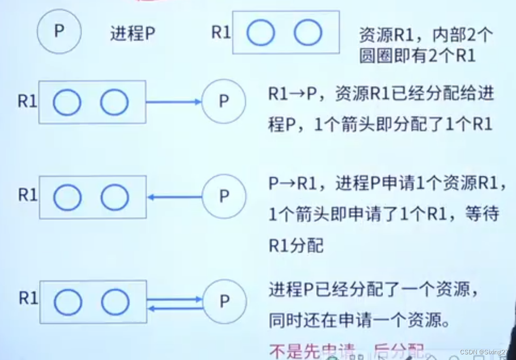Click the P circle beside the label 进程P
[x=59, y=32]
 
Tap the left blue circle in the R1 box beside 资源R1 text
[x=260, y=33]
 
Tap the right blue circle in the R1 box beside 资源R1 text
[x=308, y=33]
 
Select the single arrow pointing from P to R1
[x=174, y=197]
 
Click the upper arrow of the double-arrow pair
[x=174, y=299]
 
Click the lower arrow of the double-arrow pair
[x=174, y=308]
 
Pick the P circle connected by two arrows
[x=224, y=301]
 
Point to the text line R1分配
[x=296, y=245]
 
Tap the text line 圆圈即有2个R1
[x=417, y=56]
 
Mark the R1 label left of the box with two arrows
[x=28, y=298]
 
